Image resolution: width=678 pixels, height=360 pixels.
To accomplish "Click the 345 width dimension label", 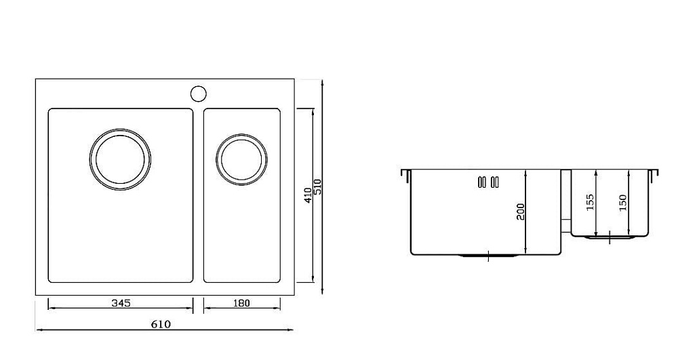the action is (121, 303).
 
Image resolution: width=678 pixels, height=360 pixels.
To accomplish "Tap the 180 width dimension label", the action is (241, 303).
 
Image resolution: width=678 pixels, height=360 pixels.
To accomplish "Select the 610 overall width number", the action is (161, 324).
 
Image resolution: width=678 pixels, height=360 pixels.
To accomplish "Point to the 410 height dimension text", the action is (307, 195).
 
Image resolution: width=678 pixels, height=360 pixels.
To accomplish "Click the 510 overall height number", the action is (318, 187).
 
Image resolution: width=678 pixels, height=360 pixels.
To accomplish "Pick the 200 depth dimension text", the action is (520, 212).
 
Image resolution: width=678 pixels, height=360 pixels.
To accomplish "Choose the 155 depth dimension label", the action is (590, 202).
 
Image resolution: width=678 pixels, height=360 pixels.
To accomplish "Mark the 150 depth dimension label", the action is (622, 203).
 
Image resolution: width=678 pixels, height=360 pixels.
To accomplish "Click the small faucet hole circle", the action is (199, 94).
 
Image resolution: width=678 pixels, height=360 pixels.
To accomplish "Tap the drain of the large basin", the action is (120, 159).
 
